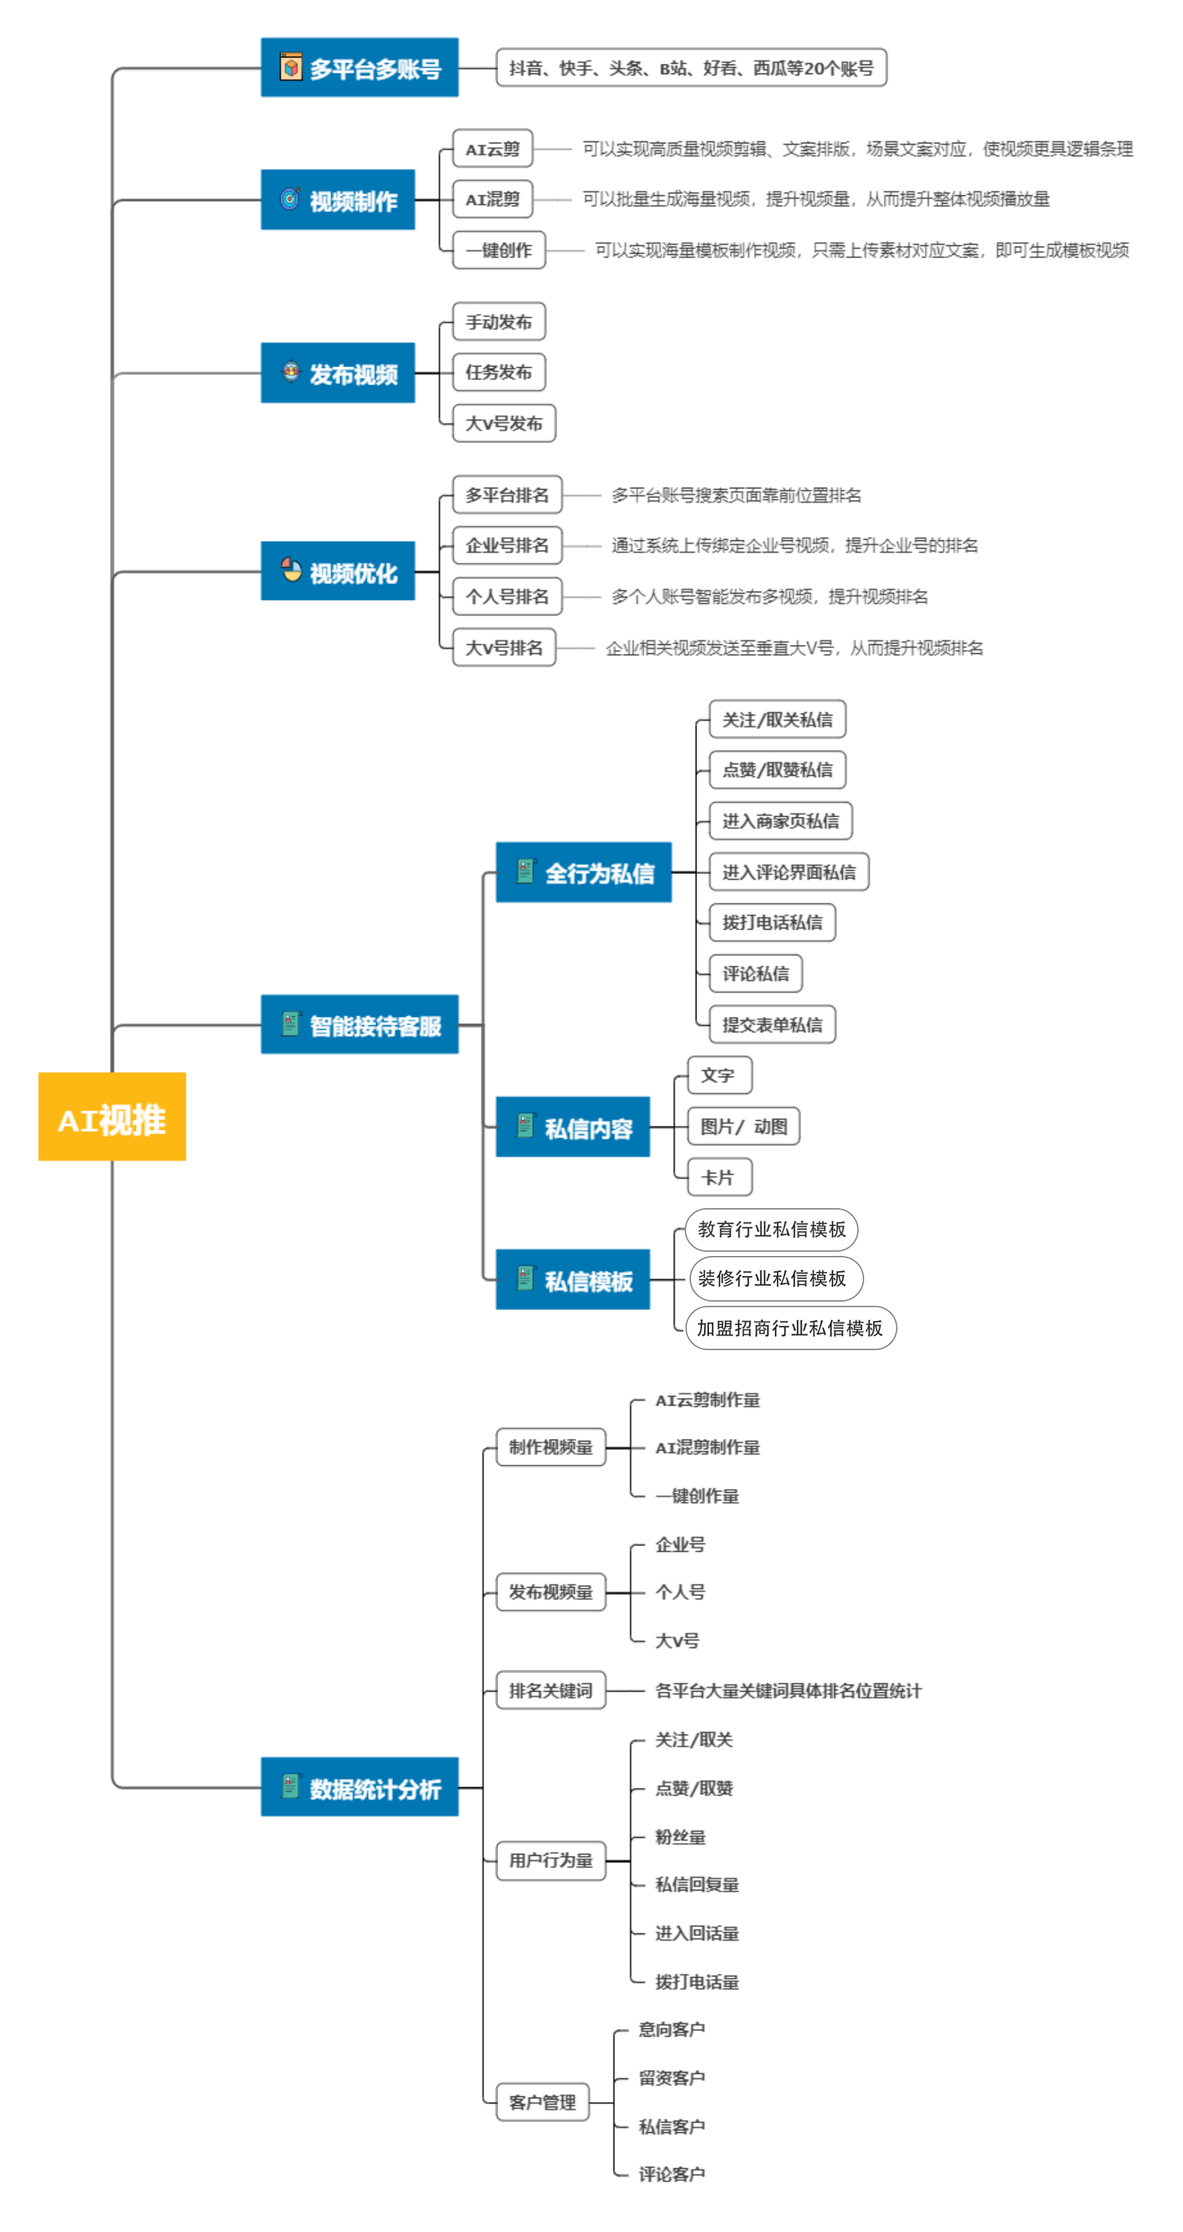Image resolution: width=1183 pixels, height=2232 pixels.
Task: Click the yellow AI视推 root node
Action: click(112, 1116)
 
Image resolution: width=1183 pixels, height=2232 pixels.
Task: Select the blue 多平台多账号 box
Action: click(359, 68)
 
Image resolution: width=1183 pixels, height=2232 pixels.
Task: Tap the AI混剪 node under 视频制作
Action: click(492, 200)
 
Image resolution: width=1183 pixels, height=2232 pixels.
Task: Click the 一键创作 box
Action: click(499, 250)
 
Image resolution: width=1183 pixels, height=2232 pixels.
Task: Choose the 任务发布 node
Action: click(499, 373)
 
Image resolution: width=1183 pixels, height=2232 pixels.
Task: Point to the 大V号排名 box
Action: click(504, 647)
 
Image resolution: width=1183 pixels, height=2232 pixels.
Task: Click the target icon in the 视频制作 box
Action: click(290, 200)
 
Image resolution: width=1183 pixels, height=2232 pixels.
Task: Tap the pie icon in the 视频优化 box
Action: click(291, 570)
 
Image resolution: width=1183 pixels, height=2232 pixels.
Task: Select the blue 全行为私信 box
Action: click(584, 873)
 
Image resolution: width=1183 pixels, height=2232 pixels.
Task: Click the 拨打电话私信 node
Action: click(772, 922)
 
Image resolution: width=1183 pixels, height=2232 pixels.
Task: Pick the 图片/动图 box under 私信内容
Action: click(743, 1126)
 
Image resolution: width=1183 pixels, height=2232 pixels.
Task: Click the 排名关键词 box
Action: click(550, 1690)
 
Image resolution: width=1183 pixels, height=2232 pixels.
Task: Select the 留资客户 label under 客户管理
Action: click(672, 2078)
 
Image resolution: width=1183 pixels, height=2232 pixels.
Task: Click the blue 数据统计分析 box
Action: click(359, 1787)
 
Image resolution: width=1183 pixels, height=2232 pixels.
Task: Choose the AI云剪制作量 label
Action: click(707, 1400)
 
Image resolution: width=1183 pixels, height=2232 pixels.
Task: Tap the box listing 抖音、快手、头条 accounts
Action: click(691, 68)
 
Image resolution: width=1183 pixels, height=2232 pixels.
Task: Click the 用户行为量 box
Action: click(550, 1860)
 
